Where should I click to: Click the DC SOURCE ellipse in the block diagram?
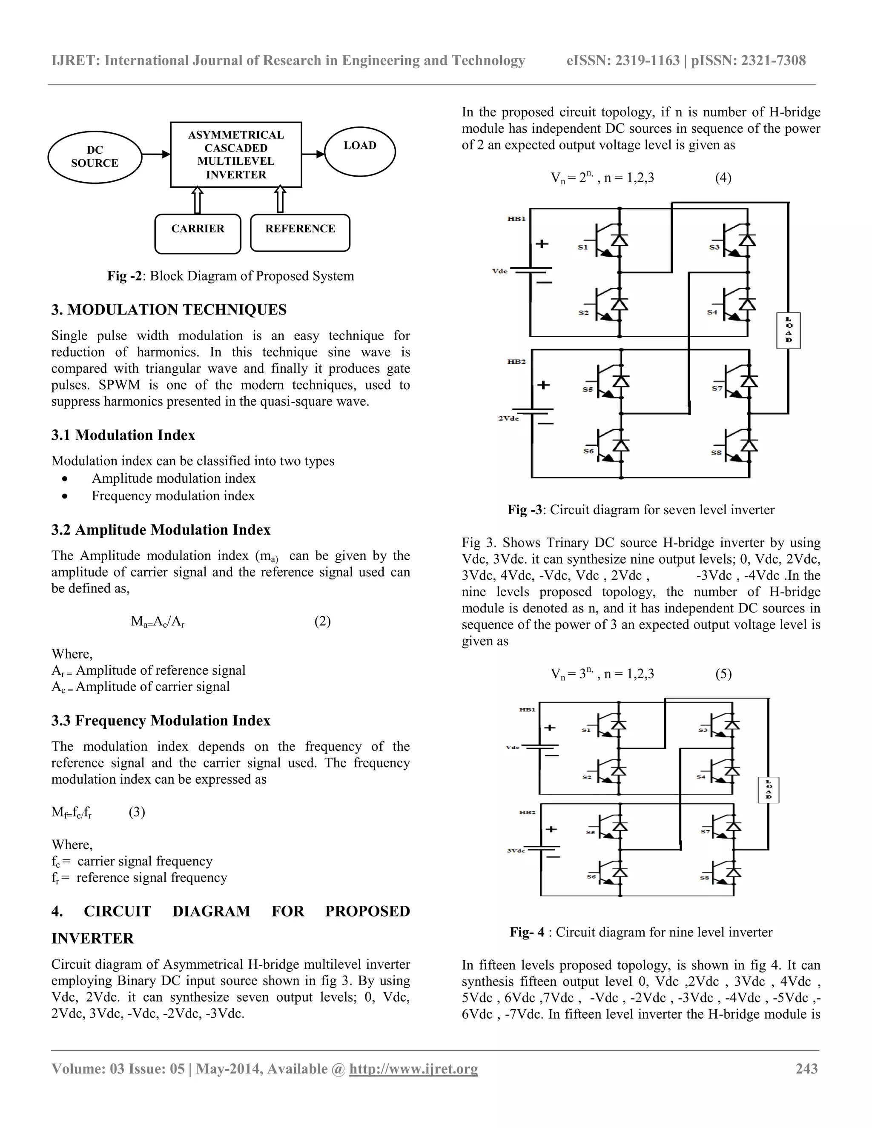95,157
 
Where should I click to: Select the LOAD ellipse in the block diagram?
360,150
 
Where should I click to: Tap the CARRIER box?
198,233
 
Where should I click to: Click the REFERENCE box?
300,232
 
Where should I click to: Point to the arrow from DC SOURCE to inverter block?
155,154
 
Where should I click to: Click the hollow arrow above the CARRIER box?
197,200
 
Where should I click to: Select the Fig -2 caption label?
124,276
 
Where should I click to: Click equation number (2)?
322,621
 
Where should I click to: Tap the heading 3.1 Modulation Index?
123,435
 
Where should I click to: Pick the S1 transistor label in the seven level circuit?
583,247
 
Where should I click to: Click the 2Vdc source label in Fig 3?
508,418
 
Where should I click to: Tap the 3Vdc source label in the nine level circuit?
516,850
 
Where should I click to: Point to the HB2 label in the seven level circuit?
516,361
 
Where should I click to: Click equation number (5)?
723,673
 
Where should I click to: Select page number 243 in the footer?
806,1068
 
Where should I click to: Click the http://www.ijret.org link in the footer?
413,1068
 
